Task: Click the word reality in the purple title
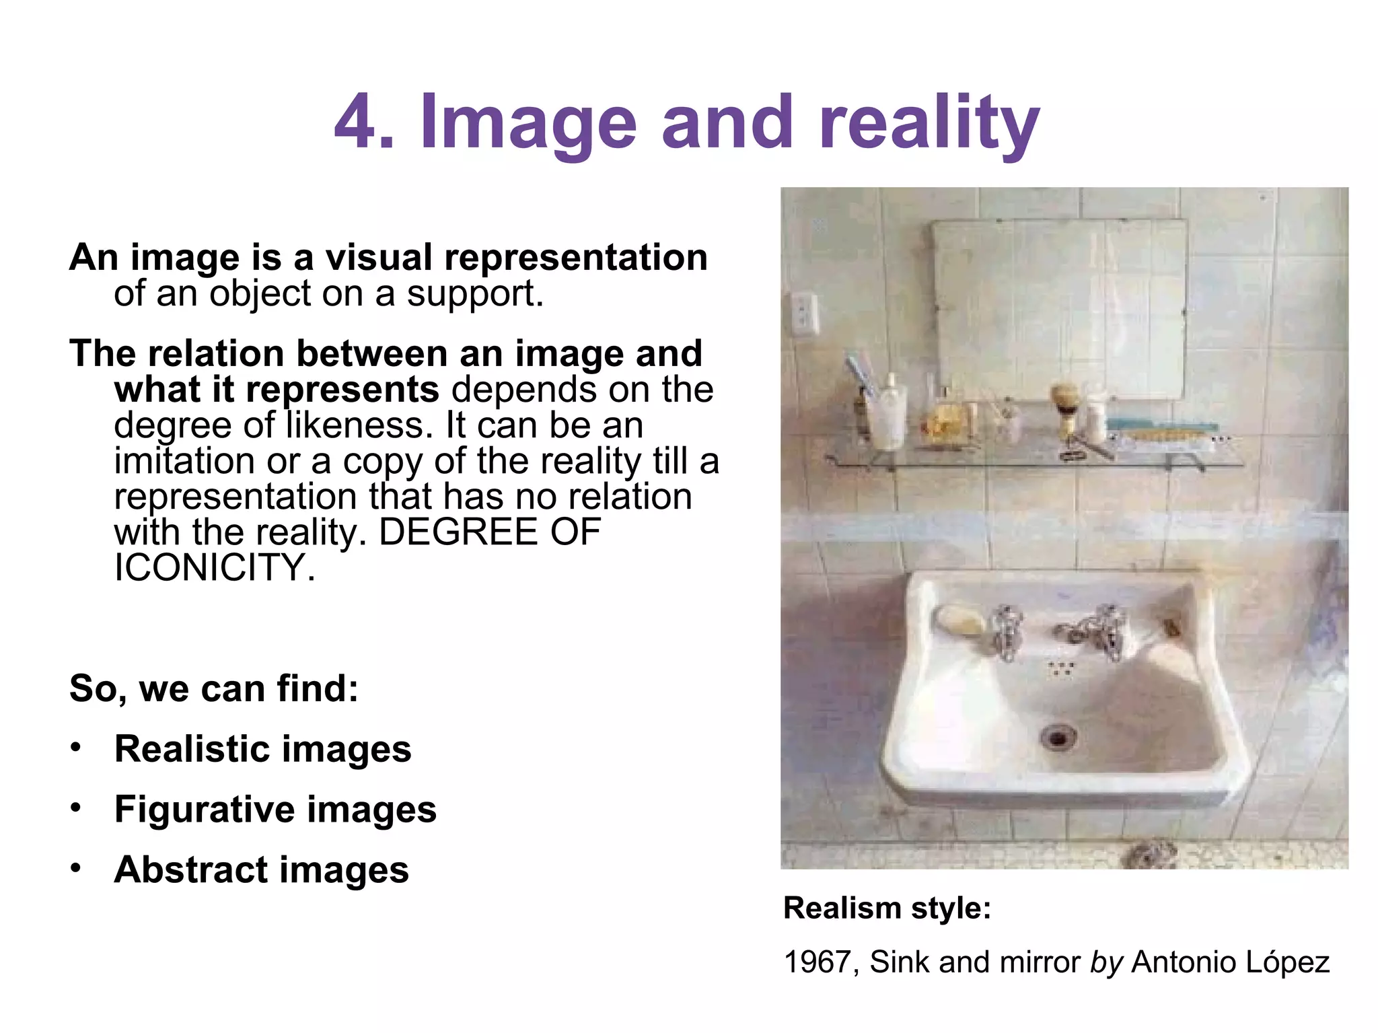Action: (929, 123)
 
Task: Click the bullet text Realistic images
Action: (263, 749)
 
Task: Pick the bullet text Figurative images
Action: (275, 809)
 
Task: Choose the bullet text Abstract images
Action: (262, 869)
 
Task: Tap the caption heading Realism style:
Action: (887, 909)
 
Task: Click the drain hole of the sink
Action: (1058, 738)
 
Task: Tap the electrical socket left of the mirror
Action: (805, 313)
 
